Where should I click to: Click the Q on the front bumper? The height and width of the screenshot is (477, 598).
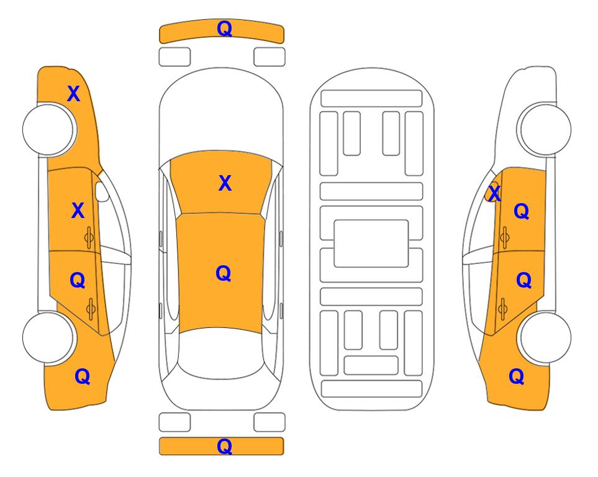(224, 29)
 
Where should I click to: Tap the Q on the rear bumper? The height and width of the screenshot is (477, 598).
(224, 446)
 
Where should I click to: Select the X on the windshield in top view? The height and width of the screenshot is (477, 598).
(225, 183)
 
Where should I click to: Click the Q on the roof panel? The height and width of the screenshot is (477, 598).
(224, 273)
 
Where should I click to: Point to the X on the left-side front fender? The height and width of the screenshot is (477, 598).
(74, 94)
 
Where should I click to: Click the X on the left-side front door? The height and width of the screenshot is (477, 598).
(78, 211)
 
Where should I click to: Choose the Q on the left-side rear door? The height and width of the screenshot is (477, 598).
(78, 281)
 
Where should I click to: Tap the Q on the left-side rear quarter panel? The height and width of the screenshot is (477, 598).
(83, 376)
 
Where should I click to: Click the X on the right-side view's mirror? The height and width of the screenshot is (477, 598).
(494, 193)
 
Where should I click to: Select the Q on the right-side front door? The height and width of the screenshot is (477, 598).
(522, 211)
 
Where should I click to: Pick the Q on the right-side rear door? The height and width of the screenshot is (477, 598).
(523, 281)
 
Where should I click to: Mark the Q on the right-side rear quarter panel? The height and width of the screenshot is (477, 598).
(517, 376)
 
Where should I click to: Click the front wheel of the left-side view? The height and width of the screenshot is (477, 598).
(48, 130)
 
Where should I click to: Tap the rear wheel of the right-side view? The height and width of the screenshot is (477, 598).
(545, 337)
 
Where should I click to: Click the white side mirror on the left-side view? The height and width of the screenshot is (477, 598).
(102, 191)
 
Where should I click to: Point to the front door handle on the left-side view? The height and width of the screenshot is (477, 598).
(89, 237)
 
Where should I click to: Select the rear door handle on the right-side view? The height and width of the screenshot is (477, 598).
(502, 309)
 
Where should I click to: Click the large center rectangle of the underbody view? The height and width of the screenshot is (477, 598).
(371, 243)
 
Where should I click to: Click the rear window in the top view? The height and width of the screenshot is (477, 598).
(221, 353)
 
